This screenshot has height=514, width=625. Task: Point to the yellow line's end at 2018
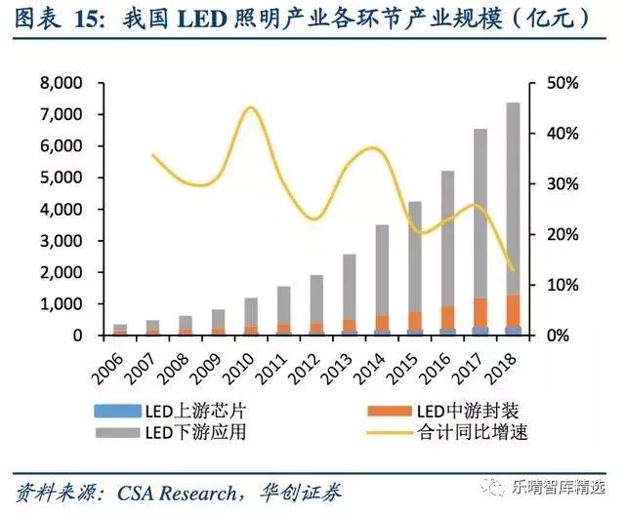tap(513, 270)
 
